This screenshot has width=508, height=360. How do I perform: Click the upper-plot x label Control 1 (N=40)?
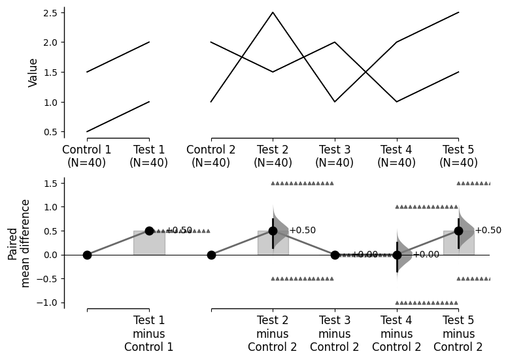87,156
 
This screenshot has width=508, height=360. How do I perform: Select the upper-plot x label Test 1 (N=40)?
149,156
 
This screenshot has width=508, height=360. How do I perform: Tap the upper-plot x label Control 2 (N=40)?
211,156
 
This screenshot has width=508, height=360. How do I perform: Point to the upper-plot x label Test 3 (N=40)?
335,156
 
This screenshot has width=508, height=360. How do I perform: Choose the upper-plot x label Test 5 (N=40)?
458,156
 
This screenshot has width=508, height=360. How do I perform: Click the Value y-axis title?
33,73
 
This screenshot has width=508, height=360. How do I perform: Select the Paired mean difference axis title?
19,243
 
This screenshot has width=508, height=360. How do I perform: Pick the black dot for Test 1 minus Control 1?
149,231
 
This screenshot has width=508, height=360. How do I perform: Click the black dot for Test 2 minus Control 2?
273,231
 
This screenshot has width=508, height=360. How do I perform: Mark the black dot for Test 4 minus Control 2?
397,255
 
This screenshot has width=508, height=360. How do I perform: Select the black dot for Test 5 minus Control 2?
458,231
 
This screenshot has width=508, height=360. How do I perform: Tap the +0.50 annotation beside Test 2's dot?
302,231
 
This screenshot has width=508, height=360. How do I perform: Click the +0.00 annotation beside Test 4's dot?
426,255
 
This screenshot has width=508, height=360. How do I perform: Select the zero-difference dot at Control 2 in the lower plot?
211,255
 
